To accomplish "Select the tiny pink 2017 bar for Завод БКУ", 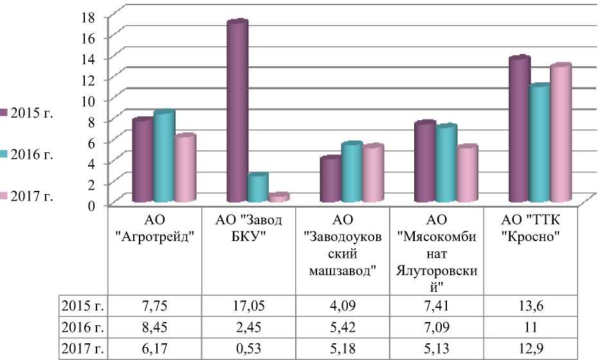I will point(278,198).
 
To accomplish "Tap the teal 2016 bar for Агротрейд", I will point(163,157).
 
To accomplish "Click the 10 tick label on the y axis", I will point(92,100).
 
